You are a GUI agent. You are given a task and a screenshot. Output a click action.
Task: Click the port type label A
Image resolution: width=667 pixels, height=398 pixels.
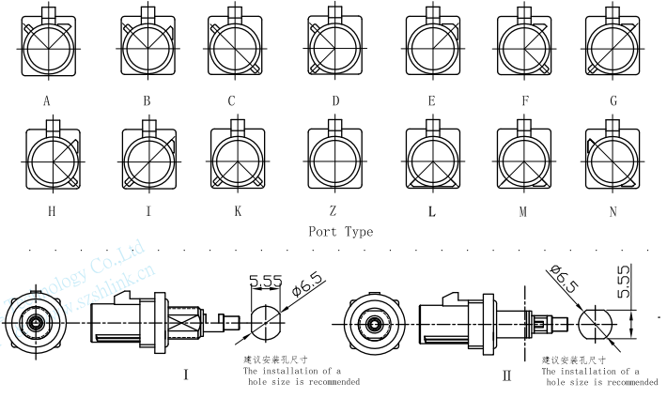[x=46, y=99]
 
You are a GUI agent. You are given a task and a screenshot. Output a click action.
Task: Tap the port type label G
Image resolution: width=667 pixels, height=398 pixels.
[x=613, y=99]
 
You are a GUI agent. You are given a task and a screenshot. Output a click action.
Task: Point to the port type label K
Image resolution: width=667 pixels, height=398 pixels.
[x=238, y=212]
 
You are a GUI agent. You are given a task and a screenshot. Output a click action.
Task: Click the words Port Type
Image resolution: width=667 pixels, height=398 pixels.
[x=340, y=232]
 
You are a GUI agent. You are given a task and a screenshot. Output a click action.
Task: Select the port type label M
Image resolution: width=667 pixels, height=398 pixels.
[x=523, y=212]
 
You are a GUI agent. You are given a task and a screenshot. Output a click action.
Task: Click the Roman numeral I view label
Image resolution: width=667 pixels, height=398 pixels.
[x=186, y=375]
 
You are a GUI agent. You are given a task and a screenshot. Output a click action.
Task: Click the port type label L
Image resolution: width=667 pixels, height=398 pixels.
[x=432, y=212]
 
